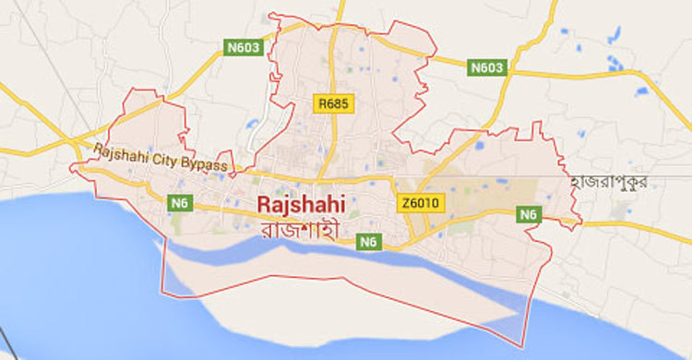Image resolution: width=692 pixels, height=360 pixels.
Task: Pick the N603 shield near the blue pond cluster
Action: (x=486, y=67)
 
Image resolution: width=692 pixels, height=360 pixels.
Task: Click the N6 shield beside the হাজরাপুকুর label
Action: (x=528, y=214)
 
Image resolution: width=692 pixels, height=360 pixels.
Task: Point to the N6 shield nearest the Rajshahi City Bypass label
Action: (x=180, y=200)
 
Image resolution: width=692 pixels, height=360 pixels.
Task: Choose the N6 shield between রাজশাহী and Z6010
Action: (x=368, y=242)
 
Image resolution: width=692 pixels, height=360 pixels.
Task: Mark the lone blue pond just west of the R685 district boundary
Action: (x=252, y=123)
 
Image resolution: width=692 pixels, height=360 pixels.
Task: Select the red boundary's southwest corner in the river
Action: (x=163, y=294)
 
